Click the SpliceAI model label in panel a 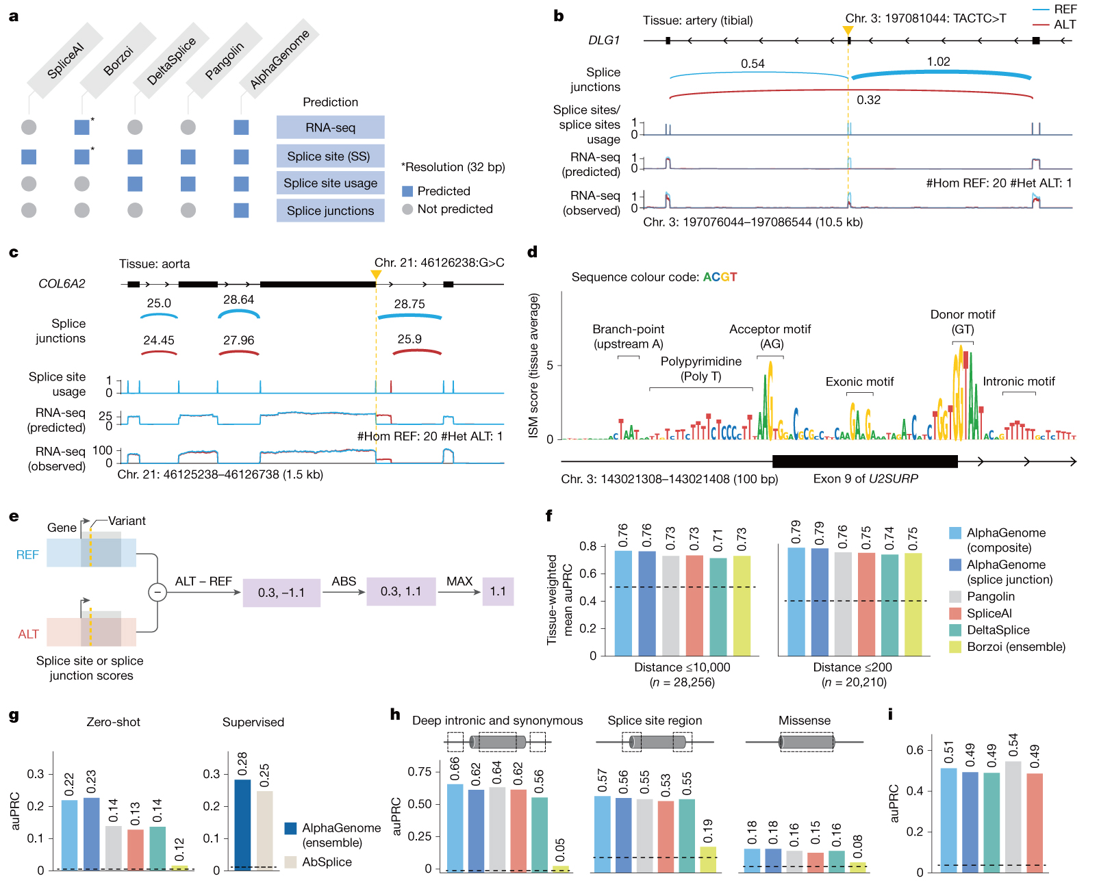click(x=65, y=60)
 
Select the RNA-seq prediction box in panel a click(x=330, y=127)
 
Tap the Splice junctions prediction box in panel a click(x=330, y=211)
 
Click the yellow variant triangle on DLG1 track click(x=848, y=31)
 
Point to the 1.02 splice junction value click(x=938, y=62)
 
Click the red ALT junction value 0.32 click(x=868, y=100)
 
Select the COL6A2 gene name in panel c click(x=62, y=284)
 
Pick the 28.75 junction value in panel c click(x=409, y=304)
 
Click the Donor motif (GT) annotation click(x=962, y=322)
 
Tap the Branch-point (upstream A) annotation click(x=628, y=336)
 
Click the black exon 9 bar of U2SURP click(x=864, y=461)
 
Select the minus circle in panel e click(x=157, y=592)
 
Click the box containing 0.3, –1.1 click(x=281, y=593)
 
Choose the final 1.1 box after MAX click(x=498, y=591)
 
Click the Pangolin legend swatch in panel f click(x=955, y=597)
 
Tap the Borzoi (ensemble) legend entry click(x=1015, y=647)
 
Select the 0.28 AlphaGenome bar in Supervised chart click(x=242, y=825)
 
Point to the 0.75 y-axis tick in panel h click(x=419, y=772)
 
